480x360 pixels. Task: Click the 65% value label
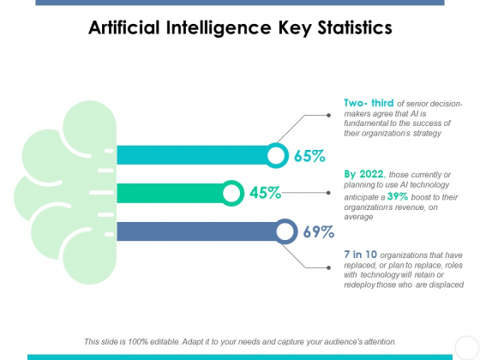tap(309, 156)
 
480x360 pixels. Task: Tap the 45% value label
tap(266, 193)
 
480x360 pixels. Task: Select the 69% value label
tap(318, 231)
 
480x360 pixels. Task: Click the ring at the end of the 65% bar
tap(277, 155)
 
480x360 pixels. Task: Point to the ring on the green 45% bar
tap(231, 193)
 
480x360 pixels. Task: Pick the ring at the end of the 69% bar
tap(285, 231)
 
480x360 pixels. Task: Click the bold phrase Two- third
tap(369, 103)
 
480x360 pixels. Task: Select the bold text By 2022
tap(363, 175)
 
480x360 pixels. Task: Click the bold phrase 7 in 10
tap(359, 254)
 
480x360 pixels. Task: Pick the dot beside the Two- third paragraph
tap(330, 115)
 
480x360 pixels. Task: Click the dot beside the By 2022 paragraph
tap(330, 193)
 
